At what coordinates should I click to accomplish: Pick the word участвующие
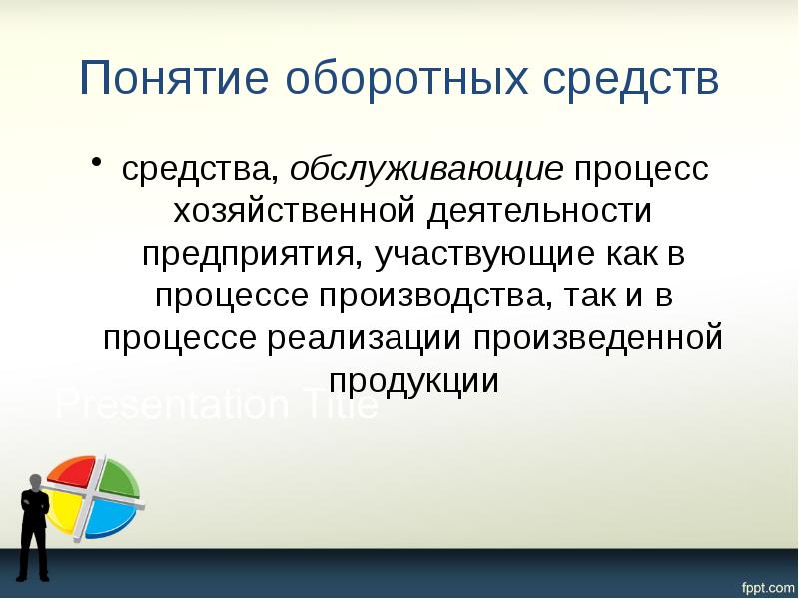coord(484,254)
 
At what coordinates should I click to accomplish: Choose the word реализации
coord(366,338)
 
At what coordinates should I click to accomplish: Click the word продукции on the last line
coord(413,381)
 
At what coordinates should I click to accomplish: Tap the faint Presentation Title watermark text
coord(217,406)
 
